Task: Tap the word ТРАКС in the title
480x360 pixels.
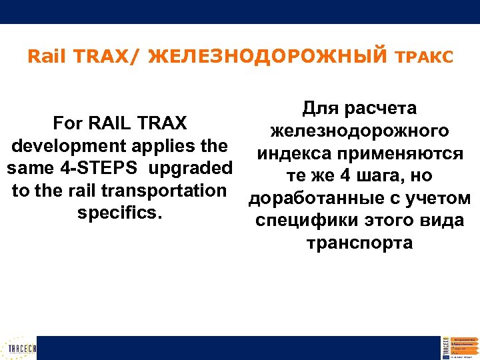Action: click(x=424, y=58)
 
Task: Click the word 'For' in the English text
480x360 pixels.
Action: click(x=67, y=123)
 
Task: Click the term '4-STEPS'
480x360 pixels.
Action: click(x=103, y=168)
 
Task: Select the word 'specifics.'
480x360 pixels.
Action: click(x=120, y=213)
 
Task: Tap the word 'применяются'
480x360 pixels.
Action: click(x=402, y=153)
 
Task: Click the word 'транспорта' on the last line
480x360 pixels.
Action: click(x=359, y=243)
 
